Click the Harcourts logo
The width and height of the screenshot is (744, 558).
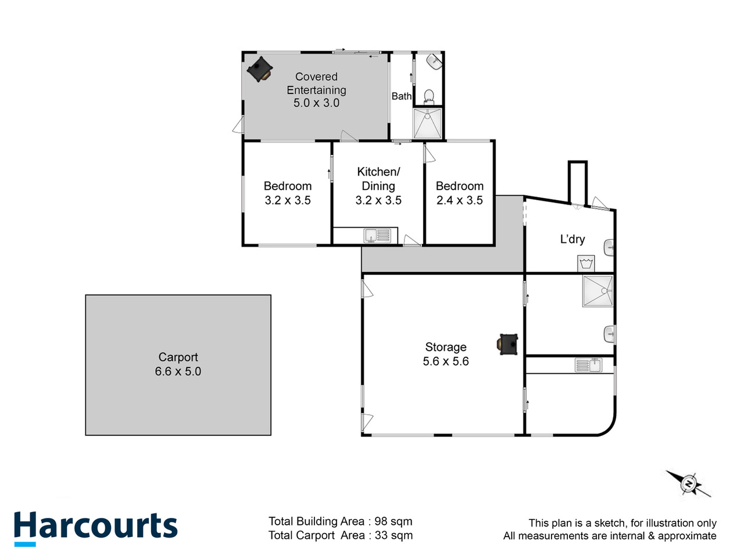click(96, 527)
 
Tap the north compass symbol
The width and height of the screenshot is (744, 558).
click(688, 484)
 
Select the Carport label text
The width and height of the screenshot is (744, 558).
click(178, 357)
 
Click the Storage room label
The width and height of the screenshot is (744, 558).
click(446, 347)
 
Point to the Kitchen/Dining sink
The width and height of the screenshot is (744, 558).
click(377, 235)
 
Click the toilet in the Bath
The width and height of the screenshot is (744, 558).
click(429, 95)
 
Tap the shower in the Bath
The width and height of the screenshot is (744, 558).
click(427, 123)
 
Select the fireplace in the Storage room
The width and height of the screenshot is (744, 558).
click(508, 344)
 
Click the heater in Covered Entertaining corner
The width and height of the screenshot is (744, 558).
click(259, 69)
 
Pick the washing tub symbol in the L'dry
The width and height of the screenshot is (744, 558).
click(586, 263)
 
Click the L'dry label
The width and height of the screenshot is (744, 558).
click(573, 239)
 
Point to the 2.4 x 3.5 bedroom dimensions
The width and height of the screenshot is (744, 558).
click(459, 201)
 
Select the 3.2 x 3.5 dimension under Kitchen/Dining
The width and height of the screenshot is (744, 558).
click(378, 201)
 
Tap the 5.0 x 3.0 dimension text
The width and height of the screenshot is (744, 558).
click(316, 103)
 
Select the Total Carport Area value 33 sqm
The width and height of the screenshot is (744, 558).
click(394, 535)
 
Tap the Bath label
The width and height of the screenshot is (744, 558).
click(401, 96)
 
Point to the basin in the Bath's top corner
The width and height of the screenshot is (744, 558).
click(434, 60)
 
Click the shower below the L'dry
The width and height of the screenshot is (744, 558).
click(598, 291)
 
